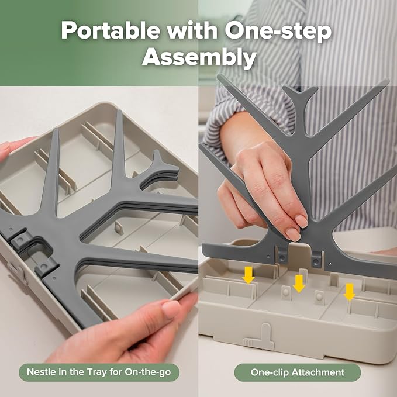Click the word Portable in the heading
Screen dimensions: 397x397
coord(111,30)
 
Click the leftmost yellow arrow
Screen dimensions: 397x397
coord(248,275)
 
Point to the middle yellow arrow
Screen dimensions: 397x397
coord(299,284)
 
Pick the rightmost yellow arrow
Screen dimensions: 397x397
coord(350,292)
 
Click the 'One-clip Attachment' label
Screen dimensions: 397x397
coord(298,372)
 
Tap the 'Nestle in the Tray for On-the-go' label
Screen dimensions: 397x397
coord(99,372)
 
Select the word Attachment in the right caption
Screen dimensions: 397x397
coord(318,372)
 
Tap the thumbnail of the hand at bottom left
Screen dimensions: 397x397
coord(171,309)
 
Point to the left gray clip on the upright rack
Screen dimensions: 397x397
coord(282,256)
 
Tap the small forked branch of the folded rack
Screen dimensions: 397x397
coord(161,169)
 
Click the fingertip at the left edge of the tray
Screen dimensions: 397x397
coord(5,149)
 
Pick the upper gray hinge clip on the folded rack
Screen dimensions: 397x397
coord(21,239)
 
